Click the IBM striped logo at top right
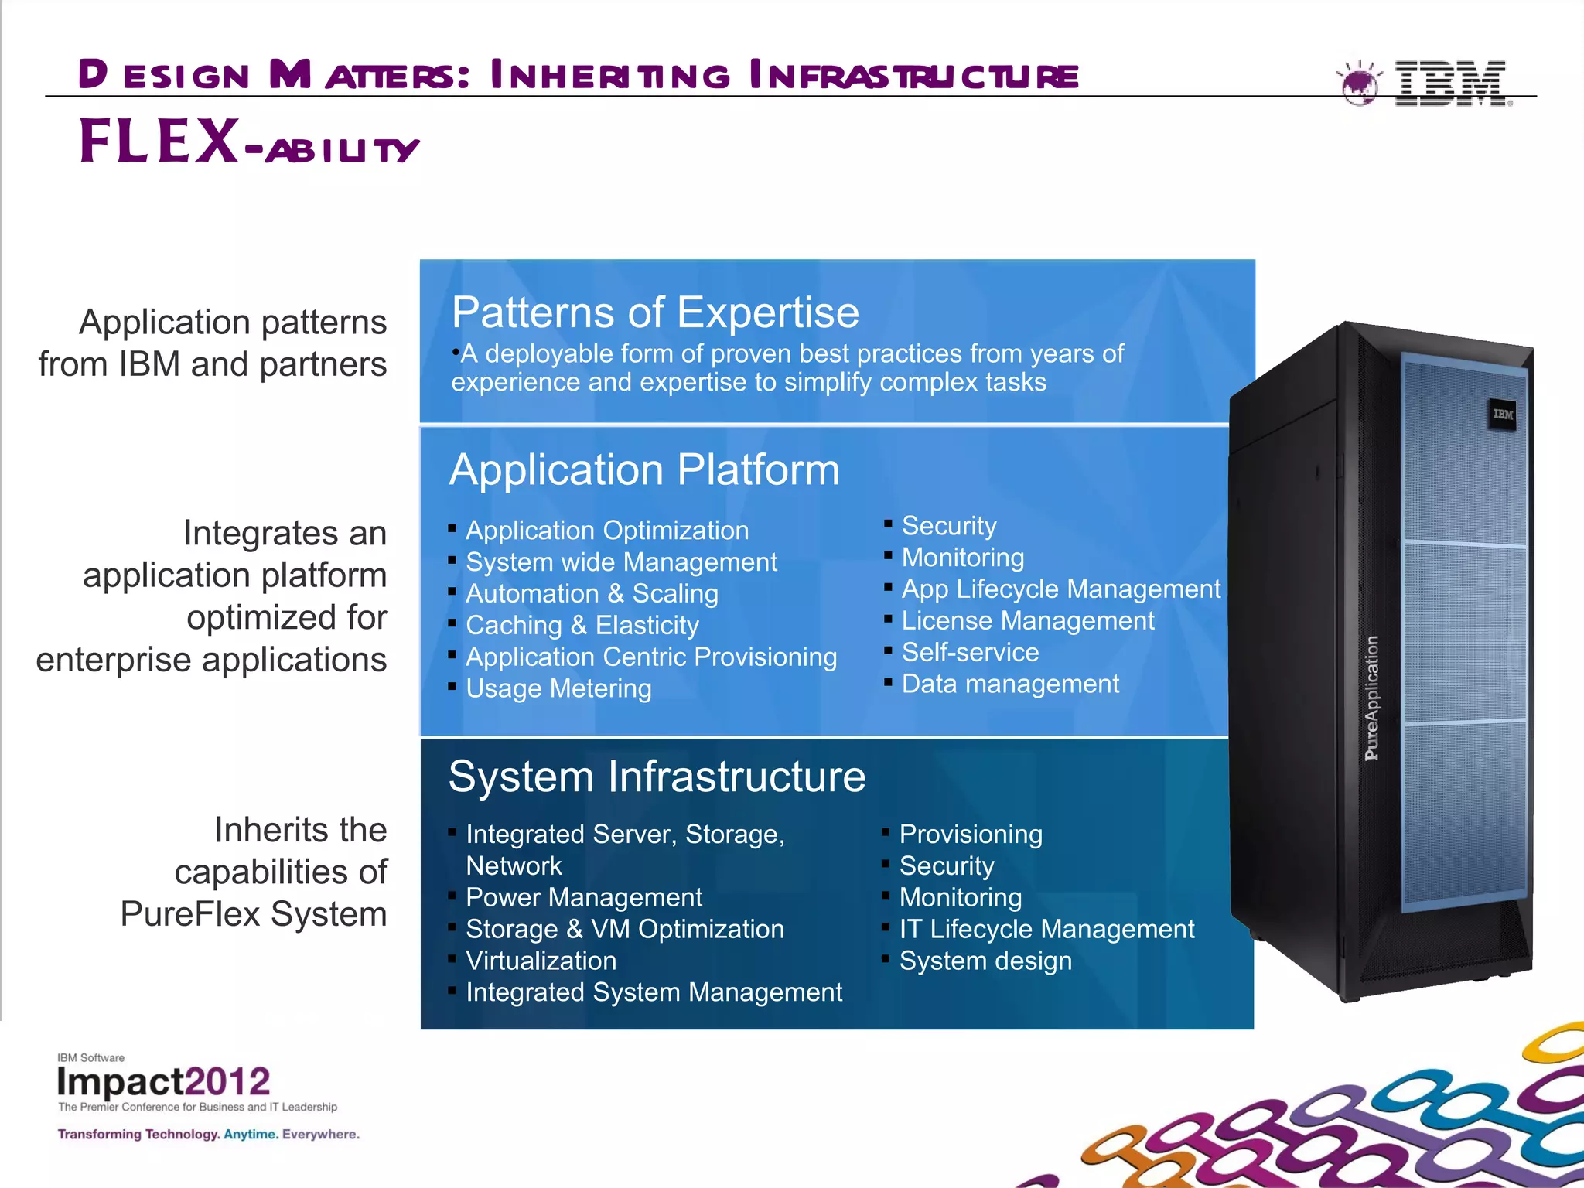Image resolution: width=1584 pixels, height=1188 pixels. tap(1451, 83)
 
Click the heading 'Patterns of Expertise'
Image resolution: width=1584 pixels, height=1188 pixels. tap(655, 312)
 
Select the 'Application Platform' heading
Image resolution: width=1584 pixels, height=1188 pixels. tap(644, 469)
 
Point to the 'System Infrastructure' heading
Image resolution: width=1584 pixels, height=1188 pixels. tap(657, 777)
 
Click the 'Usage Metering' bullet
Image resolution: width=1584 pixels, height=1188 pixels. tap(558, 688)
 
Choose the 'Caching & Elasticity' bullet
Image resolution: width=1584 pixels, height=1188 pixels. tap(582, 625)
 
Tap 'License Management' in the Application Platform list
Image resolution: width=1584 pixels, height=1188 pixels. tap(1027, 620)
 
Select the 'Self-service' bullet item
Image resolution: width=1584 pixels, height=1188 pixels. tap(970, 652)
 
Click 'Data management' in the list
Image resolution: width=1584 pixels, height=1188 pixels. tap(1010, 684)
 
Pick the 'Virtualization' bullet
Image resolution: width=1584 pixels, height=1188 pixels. tap(541, 961)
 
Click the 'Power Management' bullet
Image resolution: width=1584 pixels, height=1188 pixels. tap(584, 897)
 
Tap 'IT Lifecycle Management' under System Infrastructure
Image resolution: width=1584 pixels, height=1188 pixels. tap(1046, 929)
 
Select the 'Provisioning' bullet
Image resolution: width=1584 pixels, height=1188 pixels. tap(971, 834)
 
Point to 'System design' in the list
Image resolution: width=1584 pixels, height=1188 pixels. tap(985, 961)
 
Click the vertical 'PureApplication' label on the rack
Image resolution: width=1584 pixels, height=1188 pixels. tap(1371, 698)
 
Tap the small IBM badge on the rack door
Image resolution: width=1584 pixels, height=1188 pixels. tap(1503, 415)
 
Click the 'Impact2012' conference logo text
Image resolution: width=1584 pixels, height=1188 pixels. tap(163, 1081)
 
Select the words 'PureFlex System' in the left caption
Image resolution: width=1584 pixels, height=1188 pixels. tap(254, 914)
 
